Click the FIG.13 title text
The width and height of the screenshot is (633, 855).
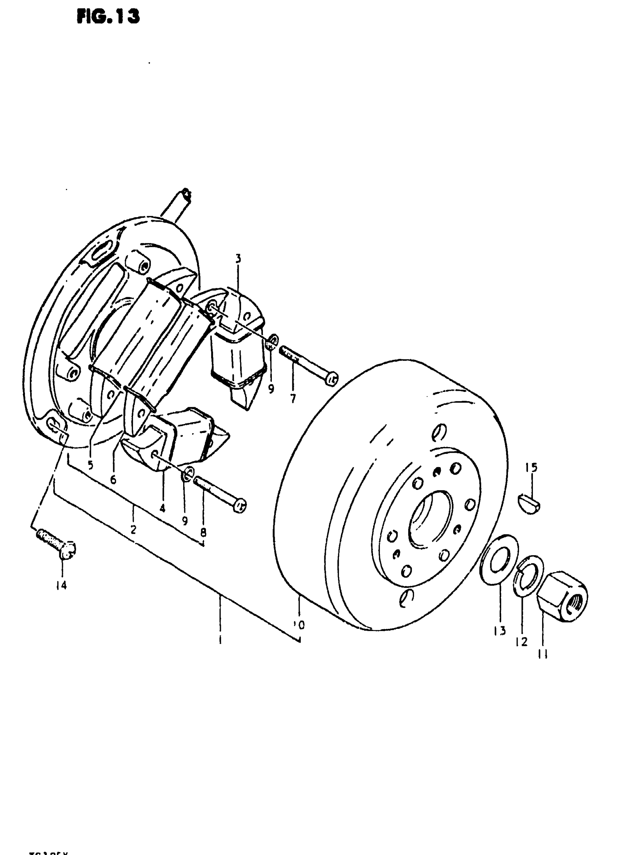[x=108, y=16]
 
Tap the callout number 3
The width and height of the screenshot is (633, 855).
[x=238, y=259]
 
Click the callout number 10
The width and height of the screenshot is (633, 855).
[x=299, y=626]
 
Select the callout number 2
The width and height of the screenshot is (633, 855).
[x=133, y=529]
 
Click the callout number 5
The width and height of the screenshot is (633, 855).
[x=90, y=465]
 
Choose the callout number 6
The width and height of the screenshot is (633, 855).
[x=113, y=479]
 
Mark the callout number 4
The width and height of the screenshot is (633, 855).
[x=162, y=509]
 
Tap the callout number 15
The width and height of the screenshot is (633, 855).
[x=531, y=468]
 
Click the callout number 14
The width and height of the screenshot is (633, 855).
[x=61, y=585]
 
